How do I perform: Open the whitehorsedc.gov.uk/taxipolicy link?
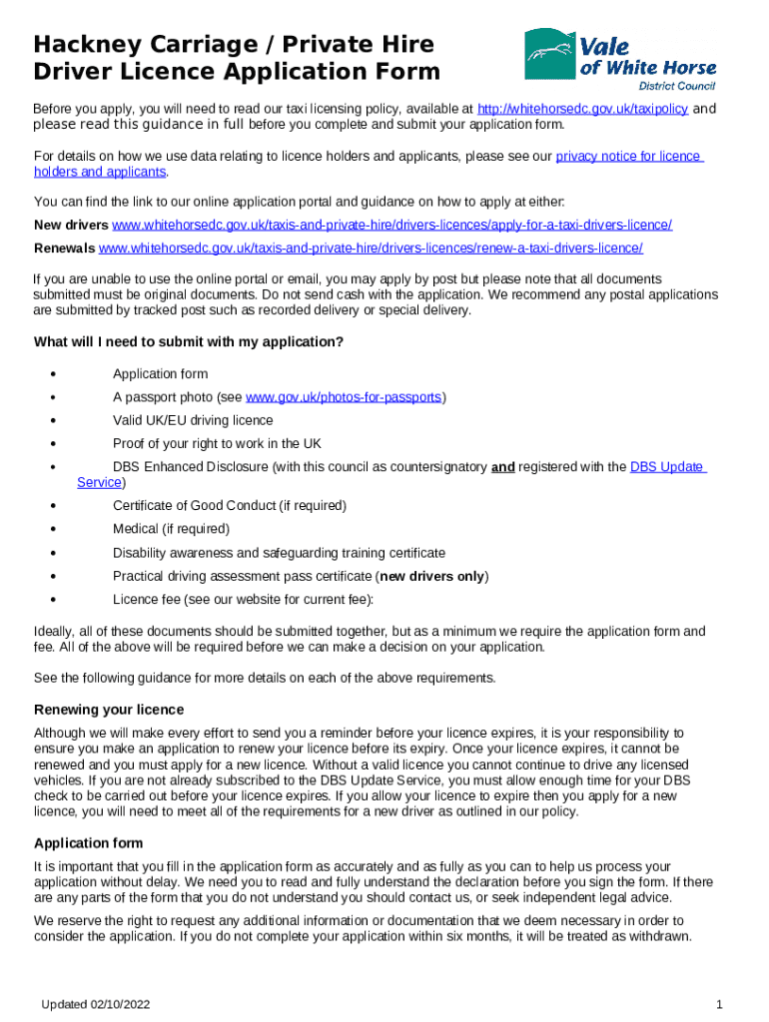tap(582, 109)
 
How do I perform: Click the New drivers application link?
tap(391, 225)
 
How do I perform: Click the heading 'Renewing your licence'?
tap(109, 710)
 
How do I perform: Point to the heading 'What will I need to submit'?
tap(189, 342)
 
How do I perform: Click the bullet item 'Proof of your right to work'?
tap(217, 444)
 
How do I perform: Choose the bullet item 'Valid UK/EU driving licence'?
tap(193, 421)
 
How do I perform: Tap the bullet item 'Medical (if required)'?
tap(171, 529)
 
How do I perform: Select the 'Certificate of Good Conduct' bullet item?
tap(229, 506)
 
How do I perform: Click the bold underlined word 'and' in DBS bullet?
tap(502, 467)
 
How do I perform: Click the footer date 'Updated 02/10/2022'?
tap(96, 1003)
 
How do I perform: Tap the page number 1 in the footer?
tap(719, 1003)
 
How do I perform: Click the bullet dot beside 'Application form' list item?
tap(51, 374)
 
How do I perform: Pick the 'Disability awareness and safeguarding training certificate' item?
tap(279, 553)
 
